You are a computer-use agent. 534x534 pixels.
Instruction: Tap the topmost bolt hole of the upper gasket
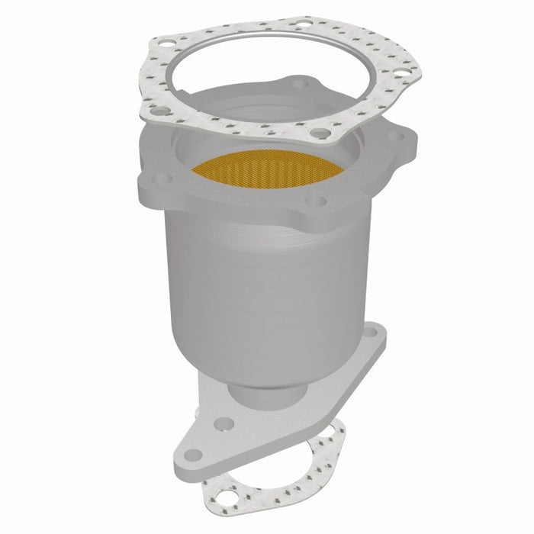click(304, 25)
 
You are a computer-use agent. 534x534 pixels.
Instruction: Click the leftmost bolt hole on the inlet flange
click(159, 179)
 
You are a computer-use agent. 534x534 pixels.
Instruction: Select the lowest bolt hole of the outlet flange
click(193, 455)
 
